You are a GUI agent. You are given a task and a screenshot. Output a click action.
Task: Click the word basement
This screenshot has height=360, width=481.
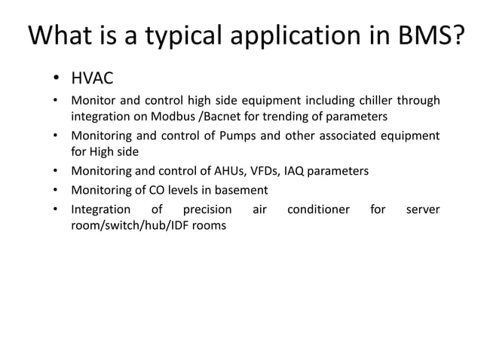click(240, 190)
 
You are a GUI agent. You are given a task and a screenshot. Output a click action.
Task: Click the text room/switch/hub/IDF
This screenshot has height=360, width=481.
click(130, 225)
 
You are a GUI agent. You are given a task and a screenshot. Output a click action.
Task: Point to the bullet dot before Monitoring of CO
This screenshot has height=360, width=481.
click(56, 190)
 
